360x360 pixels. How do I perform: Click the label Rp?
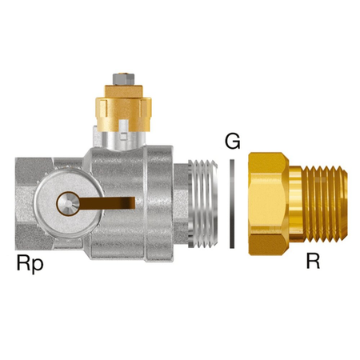tap(30, 264)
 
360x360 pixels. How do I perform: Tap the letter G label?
tap(233, 141)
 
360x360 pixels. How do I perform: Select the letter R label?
tap(313, 261)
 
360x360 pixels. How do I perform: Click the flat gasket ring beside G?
tap(232, 204)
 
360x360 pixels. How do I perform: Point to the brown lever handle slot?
tap(106, 203)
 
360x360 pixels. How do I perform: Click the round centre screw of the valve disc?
tap(68, 204)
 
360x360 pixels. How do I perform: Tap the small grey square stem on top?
tap(123, 79)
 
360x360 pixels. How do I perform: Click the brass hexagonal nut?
tap(268, 204)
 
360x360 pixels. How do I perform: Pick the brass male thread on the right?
tap(325, 204)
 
